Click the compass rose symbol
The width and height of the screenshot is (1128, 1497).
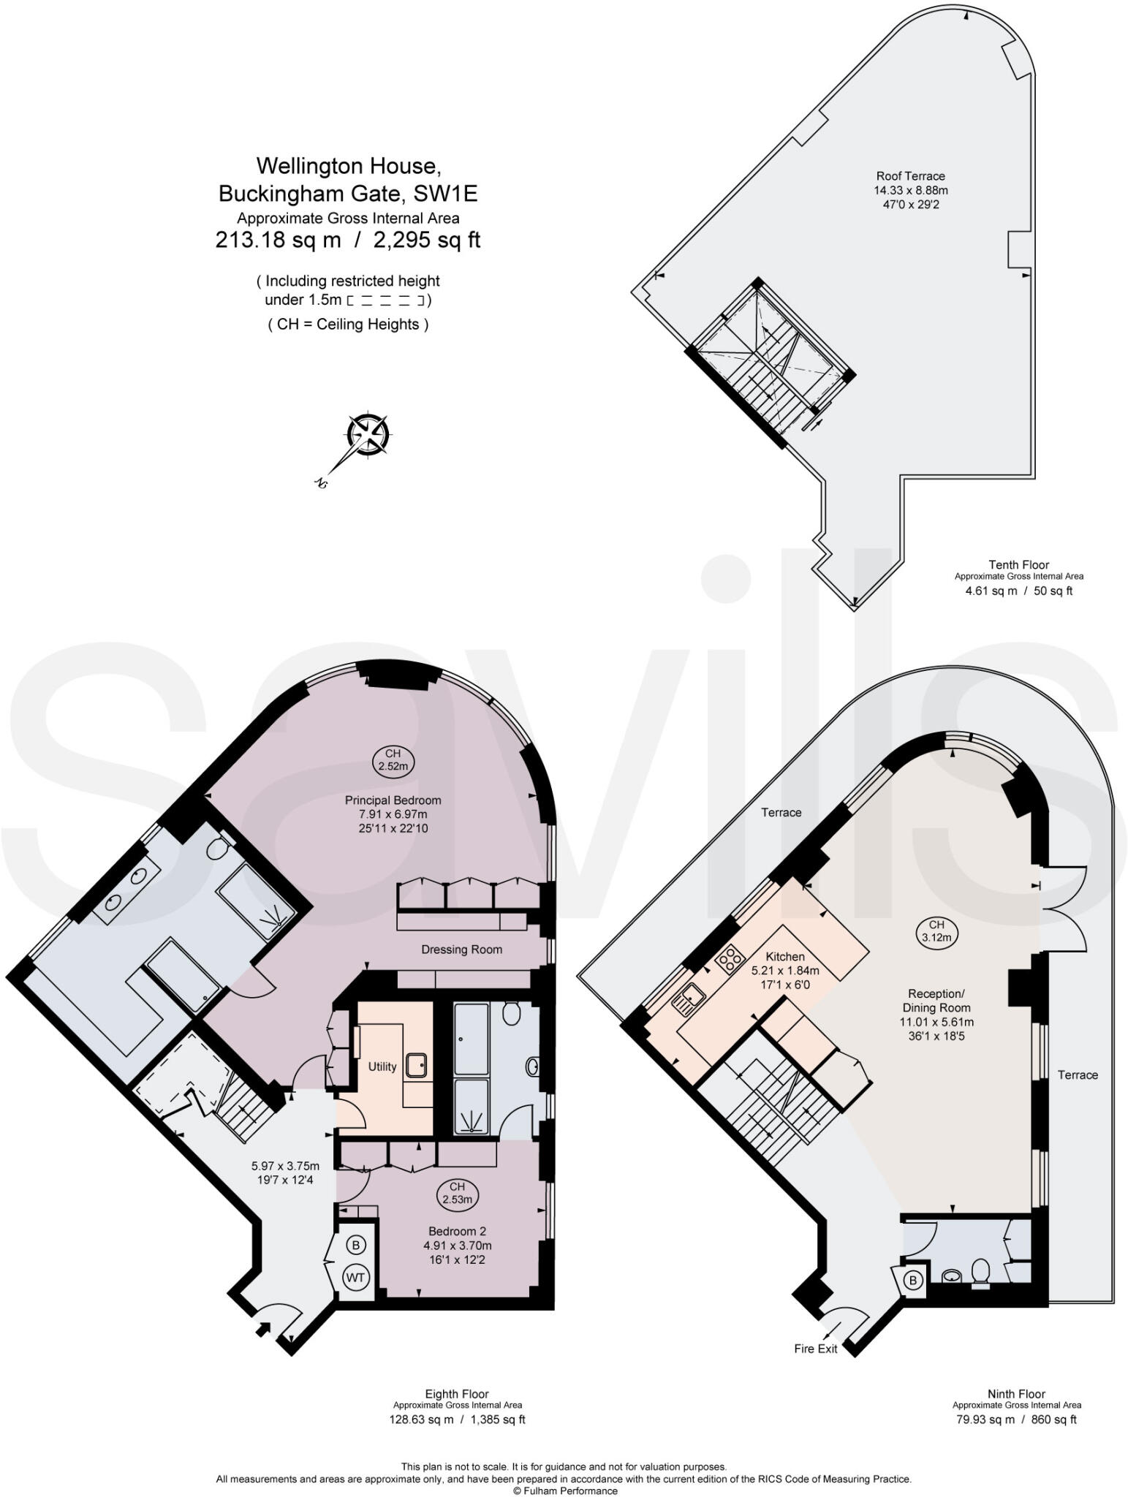coord(369,434)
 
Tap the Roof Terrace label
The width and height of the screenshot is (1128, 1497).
coord(910,176)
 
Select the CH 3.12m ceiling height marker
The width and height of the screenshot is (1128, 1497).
coord(936,931)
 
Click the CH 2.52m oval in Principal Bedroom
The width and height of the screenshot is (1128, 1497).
coord(393,760)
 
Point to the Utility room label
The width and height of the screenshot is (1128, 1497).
coord(382,1066)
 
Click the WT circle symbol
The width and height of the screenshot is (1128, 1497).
coord(356,1277)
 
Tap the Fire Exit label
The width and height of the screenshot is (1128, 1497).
coord(816,1349)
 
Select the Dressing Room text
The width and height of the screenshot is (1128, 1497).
coord(461,950)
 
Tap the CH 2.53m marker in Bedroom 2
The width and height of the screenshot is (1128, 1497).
coord(457,1194)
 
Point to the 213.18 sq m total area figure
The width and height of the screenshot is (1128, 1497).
coord(278,240)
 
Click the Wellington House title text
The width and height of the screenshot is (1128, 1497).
coord(348,166)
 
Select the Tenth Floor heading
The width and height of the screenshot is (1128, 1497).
coord(1018,564)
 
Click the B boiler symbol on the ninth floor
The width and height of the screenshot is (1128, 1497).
coord(912,1280)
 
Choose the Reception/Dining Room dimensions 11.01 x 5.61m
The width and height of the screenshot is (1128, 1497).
coord(936,1023)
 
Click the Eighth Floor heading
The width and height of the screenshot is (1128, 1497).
coord(457,1394)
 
